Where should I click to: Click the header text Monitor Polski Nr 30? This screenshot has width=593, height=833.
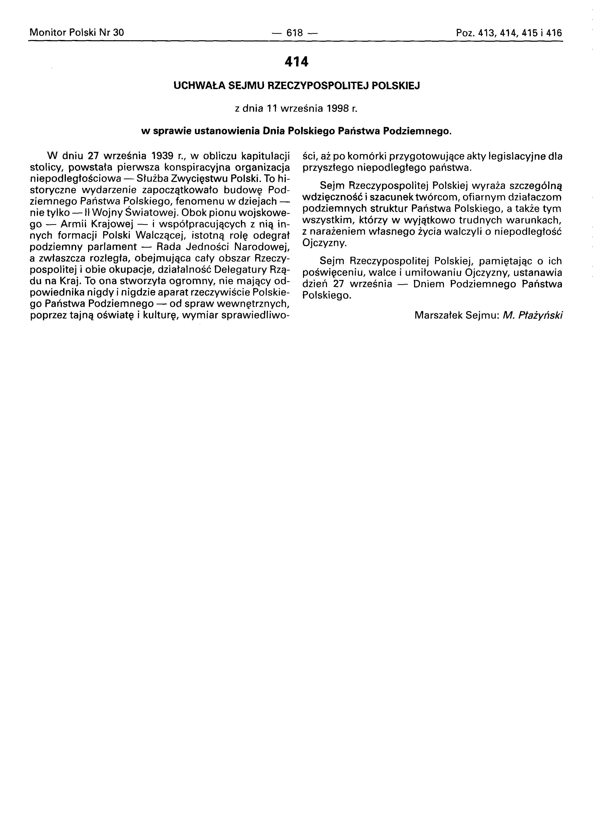pyautogui.click(x=77, y=33)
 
